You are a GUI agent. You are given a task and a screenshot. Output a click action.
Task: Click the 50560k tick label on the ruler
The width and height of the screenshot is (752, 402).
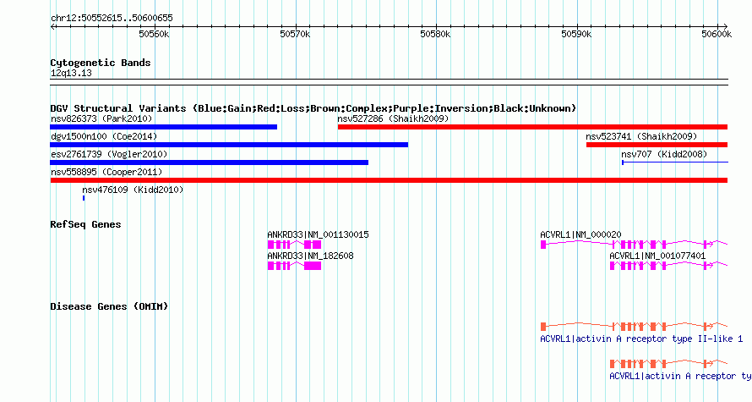154,34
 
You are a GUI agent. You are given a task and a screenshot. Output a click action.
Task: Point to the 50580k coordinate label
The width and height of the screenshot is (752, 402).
435,34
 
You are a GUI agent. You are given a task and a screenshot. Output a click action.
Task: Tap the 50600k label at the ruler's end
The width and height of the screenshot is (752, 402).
717,34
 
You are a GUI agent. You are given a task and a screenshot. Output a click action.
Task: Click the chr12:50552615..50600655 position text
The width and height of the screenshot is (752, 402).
112,19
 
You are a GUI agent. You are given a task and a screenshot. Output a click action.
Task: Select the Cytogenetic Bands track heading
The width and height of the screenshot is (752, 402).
101,63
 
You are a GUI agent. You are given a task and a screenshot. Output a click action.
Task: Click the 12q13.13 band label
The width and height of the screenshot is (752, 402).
71,73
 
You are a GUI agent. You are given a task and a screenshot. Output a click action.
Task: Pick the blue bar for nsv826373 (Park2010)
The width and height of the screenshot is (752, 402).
164,127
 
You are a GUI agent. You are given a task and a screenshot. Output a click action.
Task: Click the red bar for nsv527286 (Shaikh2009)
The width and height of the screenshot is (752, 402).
532,127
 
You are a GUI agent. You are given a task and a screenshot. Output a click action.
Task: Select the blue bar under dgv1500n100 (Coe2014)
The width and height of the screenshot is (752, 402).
229,145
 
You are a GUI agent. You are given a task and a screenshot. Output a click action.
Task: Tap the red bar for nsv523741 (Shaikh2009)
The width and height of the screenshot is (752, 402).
657,145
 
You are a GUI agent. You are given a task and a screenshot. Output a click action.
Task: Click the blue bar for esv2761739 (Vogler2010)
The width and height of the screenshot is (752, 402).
209,162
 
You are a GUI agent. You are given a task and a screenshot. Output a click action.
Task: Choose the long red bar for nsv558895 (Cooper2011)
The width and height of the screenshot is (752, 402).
389,180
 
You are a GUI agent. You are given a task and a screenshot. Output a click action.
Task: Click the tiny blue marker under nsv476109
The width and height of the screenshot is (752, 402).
84,198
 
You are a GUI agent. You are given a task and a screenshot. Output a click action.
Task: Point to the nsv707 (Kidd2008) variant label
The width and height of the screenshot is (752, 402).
664,154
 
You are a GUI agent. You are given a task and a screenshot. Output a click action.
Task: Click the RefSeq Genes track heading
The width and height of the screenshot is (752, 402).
85,224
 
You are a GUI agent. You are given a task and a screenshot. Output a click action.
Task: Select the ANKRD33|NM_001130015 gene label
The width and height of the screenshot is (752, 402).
318,235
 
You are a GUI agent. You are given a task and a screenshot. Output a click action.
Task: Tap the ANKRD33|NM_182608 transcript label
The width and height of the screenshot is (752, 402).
310,256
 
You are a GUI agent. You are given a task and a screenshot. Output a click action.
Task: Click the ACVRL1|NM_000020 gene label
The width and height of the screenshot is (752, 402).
580,235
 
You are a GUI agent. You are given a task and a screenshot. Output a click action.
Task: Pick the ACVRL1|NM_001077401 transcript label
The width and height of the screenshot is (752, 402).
657,256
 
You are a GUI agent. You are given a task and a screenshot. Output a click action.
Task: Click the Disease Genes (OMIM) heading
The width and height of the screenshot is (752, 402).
109,306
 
